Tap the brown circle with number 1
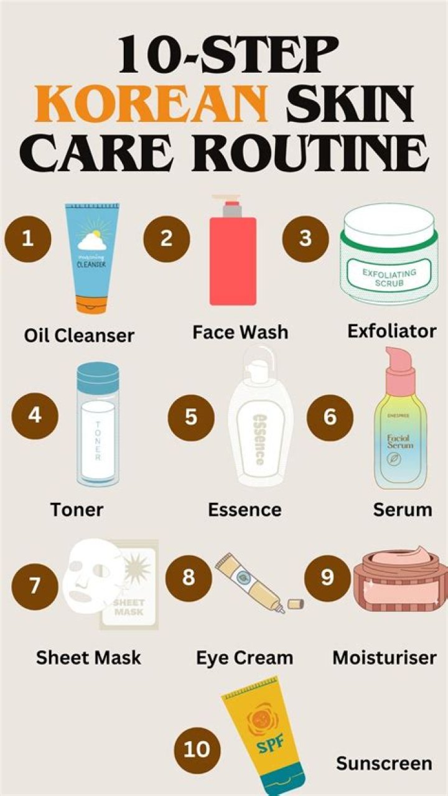click(x=27, y=238)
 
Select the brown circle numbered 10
click(x=197, y=748)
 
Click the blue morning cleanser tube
click(x=91, y=258)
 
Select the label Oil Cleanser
click(x=79, y=335)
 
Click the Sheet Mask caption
click(x=88, y=658)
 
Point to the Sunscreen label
click(x=383, y=763)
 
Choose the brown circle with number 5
click(x=191, y=417)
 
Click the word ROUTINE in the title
click(x=304, y=154)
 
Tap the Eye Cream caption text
click(x=244, y=658)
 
